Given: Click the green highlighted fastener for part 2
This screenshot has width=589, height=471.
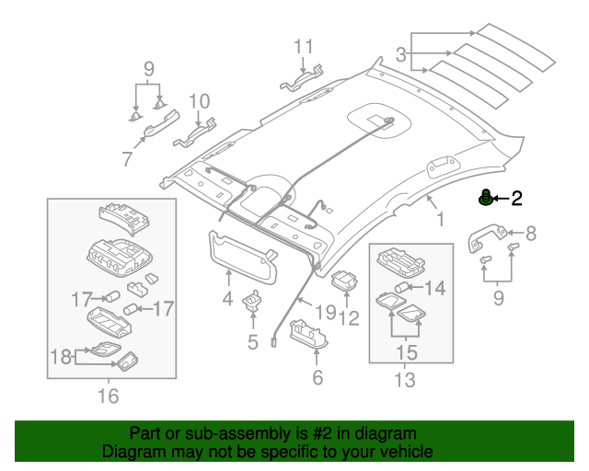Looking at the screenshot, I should (x=483, y=198).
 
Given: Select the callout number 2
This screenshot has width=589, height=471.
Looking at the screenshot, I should (x=516, y=198).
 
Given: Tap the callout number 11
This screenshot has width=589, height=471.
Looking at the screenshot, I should (x=304, y=46).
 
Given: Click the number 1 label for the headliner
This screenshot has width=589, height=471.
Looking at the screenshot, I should (x=439, y=219).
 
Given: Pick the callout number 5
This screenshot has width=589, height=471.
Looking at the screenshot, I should (x=252, y=343).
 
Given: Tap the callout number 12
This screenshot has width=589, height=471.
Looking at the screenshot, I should (x=350, y=319).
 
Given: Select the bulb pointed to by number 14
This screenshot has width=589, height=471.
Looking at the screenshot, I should (x=401, y=289).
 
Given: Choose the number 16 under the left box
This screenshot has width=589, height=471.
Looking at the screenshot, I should (x=108, y=396).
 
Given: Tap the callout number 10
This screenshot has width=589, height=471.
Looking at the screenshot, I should (x=200, y=101).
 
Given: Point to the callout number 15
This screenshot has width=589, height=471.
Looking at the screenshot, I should (x=405, y=351).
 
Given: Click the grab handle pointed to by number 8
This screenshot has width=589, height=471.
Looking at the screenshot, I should (x=485, y=237).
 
